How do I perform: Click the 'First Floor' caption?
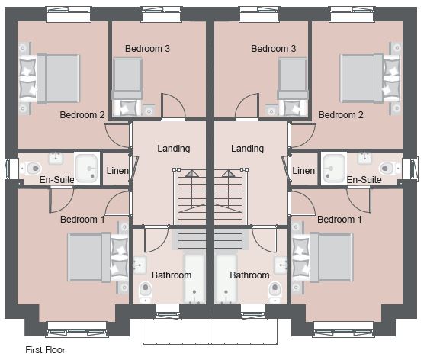pyautogui.click(x=45, y=349)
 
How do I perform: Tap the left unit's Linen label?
pyautogui.click(x=117, y=171)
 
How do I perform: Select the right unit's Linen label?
pyautogui.click(x=303, y=171)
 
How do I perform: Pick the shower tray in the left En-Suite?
pyautogui.click(x=87, y=168)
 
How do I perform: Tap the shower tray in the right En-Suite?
pyautogui.click(x=334, y=168)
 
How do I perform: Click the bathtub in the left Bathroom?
pyautogui.click(x=194, y=278)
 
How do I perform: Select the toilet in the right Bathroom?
pyautogui.click(x=275, y=292)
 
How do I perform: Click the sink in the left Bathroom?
pyautogui.click(x=140, y=265)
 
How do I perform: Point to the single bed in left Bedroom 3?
pyautogui.click(x=128, y=87)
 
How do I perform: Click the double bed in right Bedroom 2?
pyautogui.click(x=370, y=79)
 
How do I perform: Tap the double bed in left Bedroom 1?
pyautogui.click(x=98, y=257)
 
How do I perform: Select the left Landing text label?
pyautogui.click(x=174, y=149)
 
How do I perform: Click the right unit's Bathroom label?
pyautogui.click(x=250, y=275)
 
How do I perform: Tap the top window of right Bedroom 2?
pyautogui.click(x=352, y=14)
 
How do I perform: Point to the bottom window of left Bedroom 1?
pyautogui.click(x=77, y=329)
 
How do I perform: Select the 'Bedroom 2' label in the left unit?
pyautogui.click(x=82, y=115)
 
